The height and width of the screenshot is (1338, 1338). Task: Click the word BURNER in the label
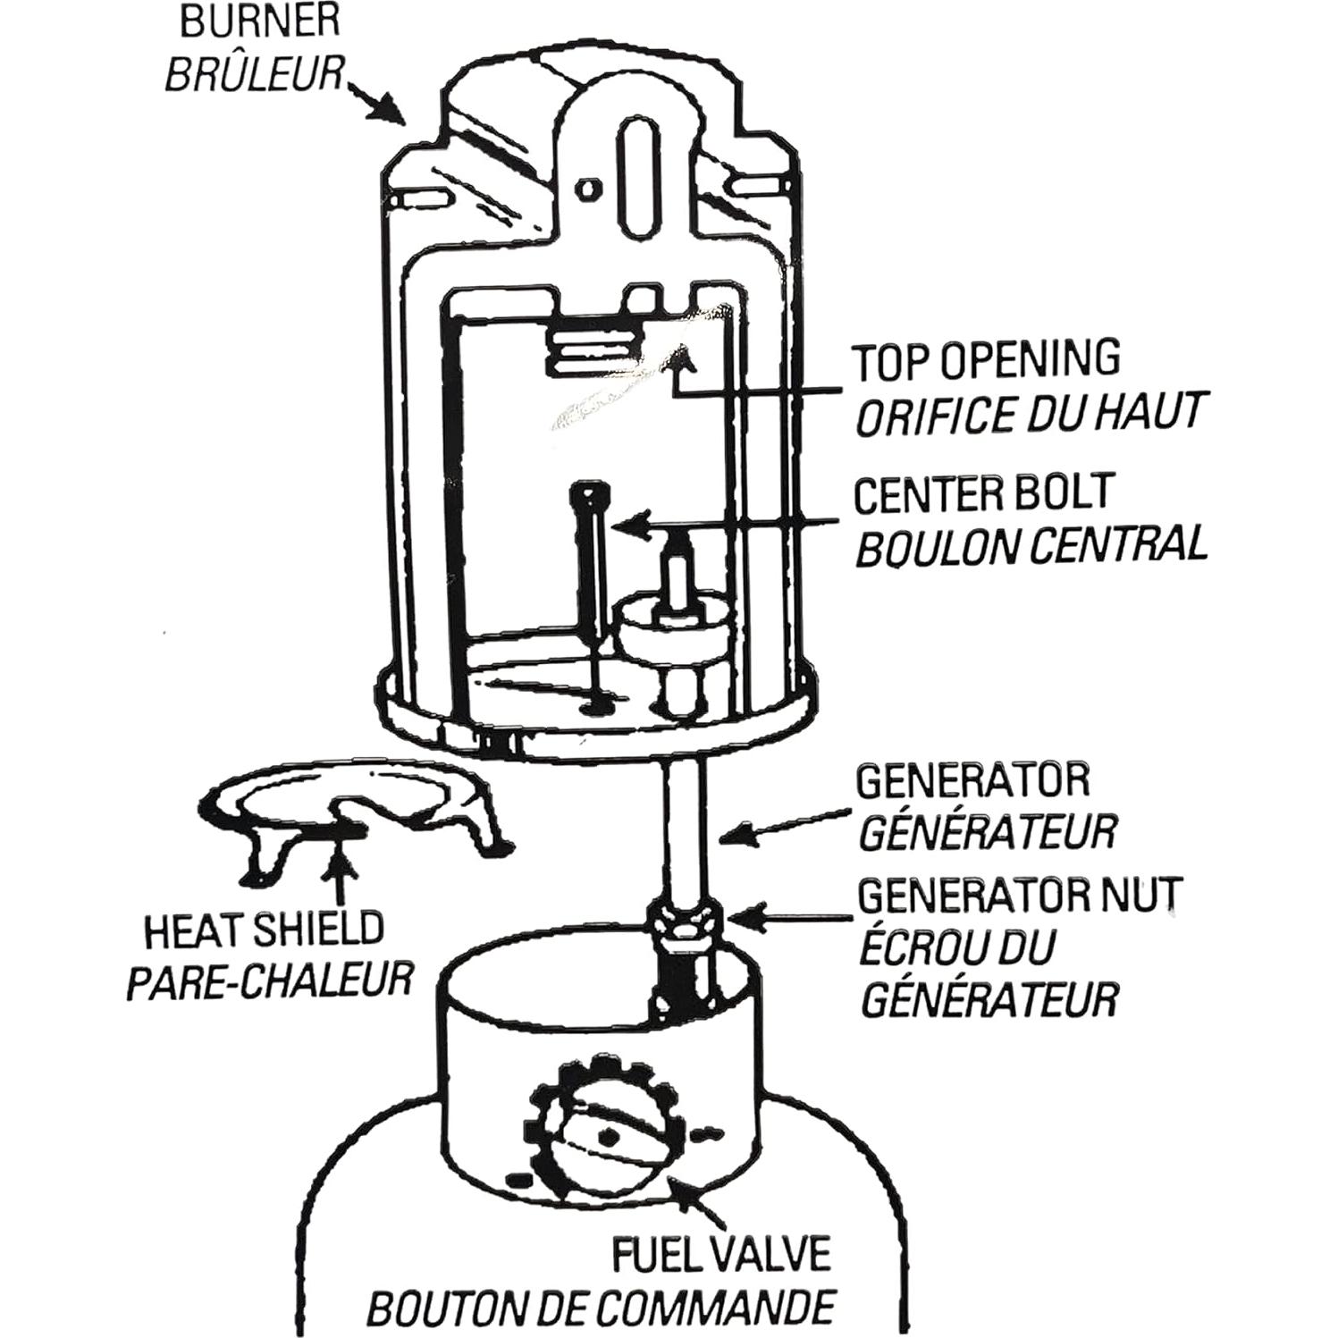point(259,21)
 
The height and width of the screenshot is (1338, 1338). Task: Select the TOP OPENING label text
point(987,359)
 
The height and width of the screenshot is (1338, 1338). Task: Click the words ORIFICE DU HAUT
point(1028,414)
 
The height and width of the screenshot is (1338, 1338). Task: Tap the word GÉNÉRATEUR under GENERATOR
point(987,832)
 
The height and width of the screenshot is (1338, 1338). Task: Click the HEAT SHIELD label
point(264,931)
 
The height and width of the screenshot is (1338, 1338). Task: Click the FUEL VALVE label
point(721,1254)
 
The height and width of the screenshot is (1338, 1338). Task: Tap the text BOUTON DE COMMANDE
point(600,1309)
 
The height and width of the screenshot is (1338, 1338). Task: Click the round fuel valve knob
point(609,1135)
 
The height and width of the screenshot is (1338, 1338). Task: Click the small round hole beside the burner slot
point(587,189)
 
